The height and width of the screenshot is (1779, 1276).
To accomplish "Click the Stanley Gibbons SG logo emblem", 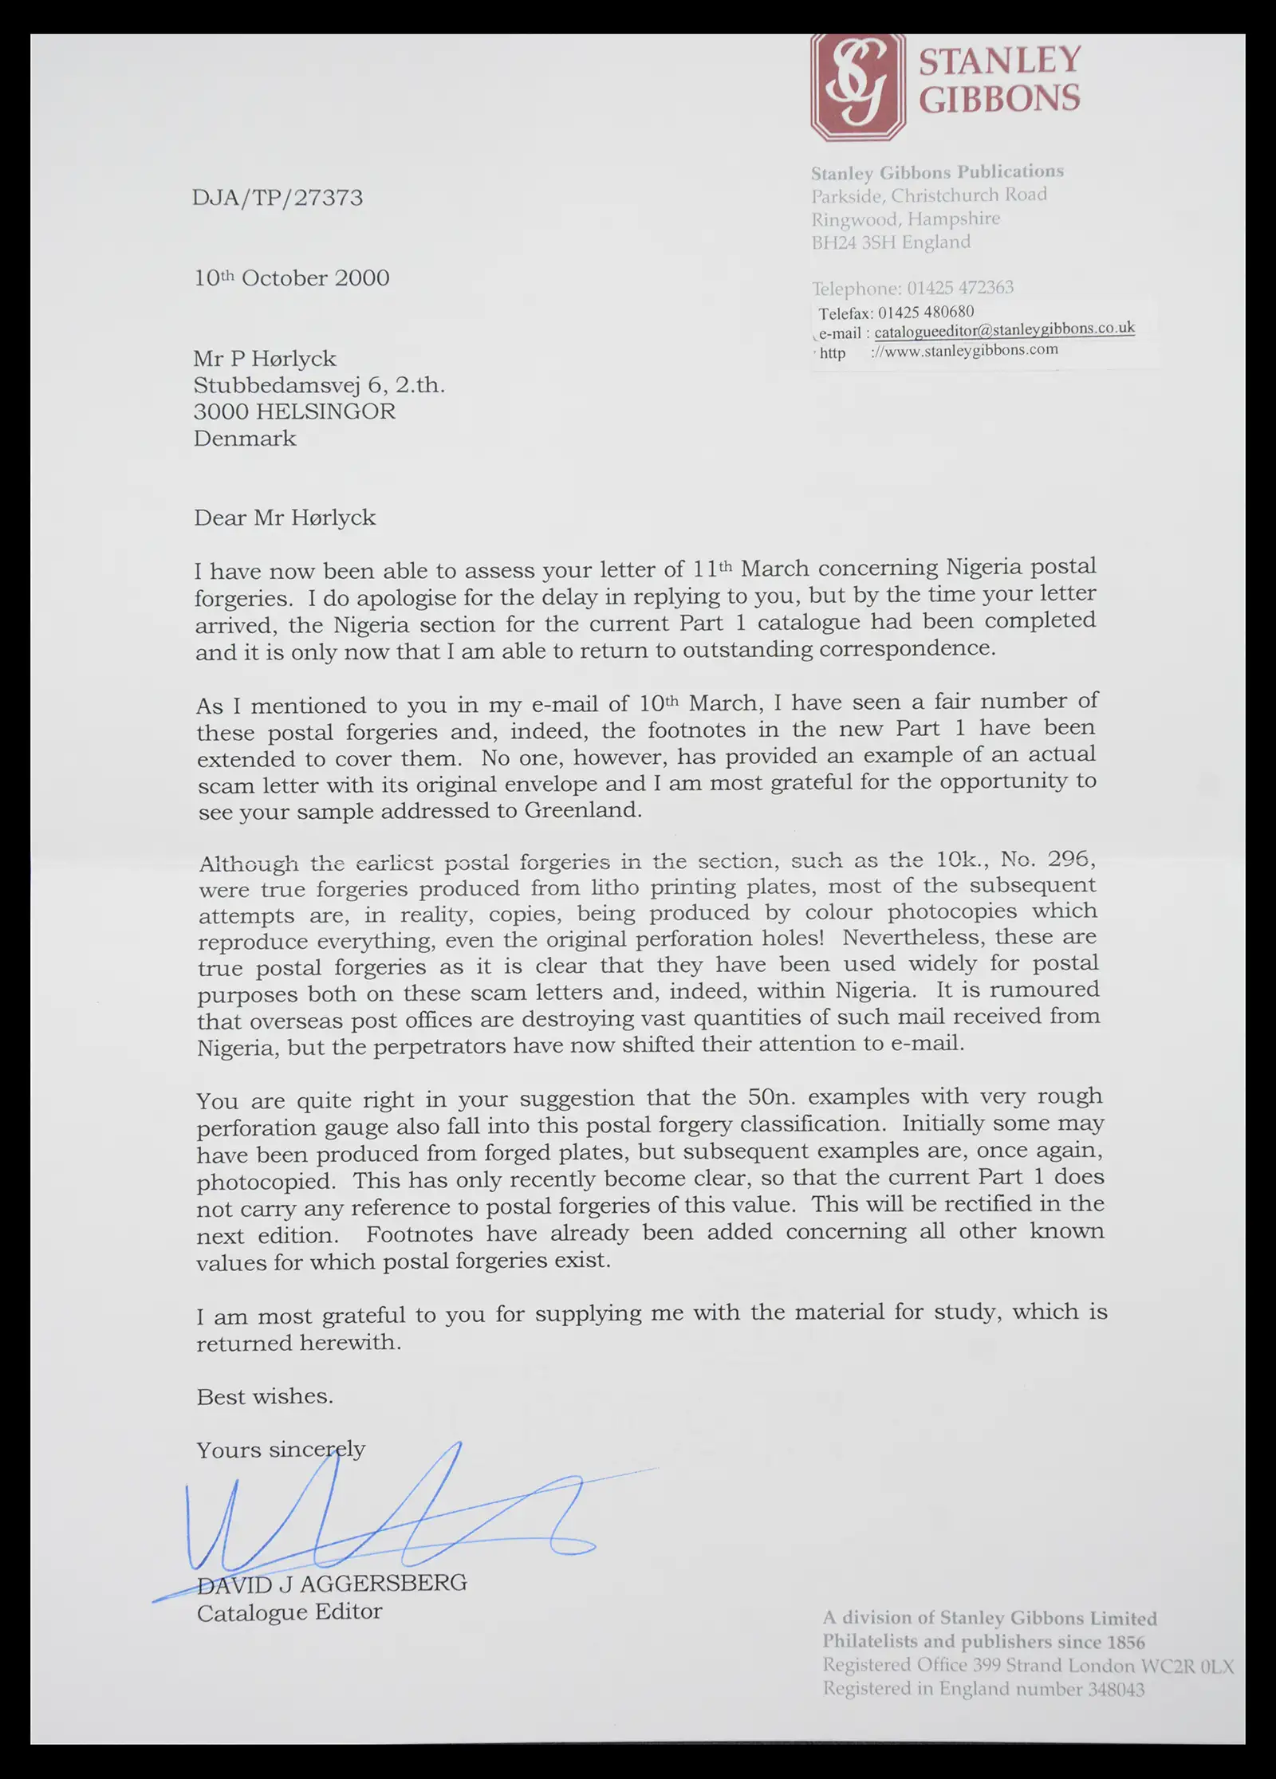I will pyautogui.click(x=857, y=88).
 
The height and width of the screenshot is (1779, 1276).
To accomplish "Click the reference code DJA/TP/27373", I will pyautogui.click(x=278, y=198).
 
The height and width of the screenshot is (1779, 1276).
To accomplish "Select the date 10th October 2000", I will pyautogui.click(x=292, y=278).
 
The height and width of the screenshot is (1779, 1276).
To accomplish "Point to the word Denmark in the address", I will pyautogui.click(x=245, y=439).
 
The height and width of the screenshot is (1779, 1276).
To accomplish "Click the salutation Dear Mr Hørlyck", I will pyautogui.click(x=285, y=518).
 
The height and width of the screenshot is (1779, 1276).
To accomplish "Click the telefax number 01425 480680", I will pyautogui.click(x=926, y=312).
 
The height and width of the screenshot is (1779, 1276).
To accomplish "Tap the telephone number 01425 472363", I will pyautogui.click(x=960, y=288).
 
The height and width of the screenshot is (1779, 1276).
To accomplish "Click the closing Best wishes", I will pyautogui.click(x=265, y=1396).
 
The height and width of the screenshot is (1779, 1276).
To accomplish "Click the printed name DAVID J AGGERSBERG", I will pyautogui.click(x=332, y=1583).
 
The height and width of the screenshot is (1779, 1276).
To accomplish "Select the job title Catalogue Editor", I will pyautogui.click(x=289, y=1612).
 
